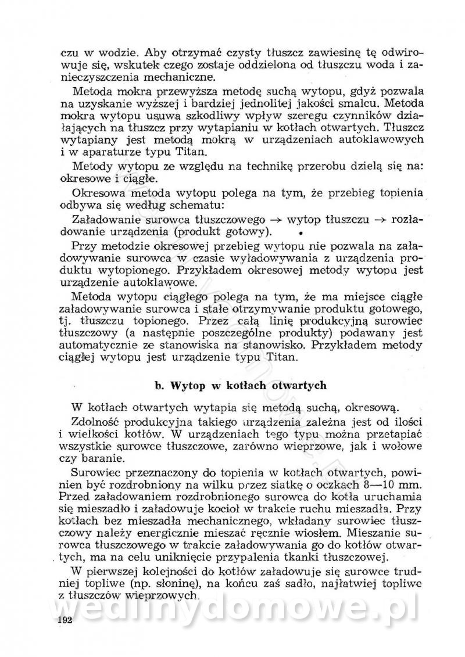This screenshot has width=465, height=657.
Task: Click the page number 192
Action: pos(65,620)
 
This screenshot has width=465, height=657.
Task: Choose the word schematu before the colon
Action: pos(181,206)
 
